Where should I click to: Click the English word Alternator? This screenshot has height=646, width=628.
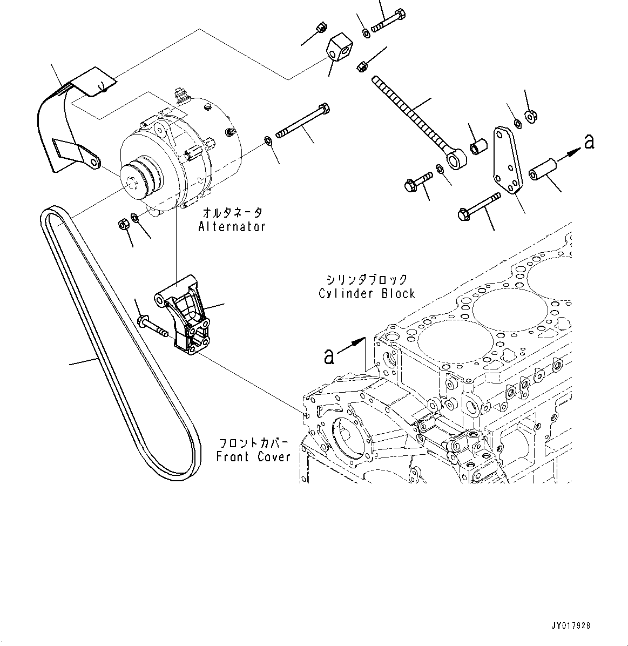[232, 226]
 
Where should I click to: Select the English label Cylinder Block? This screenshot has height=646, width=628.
[367, 294]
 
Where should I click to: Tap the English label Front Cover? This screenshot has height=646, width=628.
[253, 457]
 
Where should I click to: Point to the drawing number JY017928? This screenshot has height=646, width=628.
[571, 626]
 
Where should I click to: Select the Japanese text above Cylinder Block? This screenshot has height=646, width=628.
[367, 279]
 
